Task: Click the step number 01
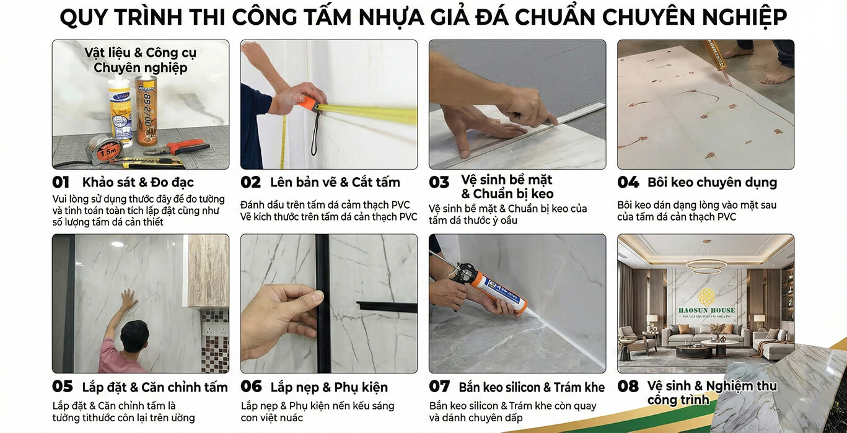tap(61, 183)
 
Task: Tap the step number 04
tap(628, 183)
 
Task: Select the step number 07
tap(439, 387)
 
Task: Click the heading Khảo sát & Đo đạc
tap(138, 183)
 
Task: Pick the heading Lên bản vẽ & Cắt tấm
tap(335, 183)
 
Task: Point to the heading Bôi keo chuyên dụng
tap(712, 183)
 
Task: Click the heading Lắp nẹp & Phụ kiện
tap(328, 387)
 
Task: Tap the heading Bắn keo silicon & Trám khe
tap(531, 387)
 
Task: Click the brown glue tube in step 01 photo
tap(146, 108)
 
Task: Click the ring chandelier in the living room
tap(706, 263)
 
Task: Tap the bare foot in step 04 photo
tap(776, 74)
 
